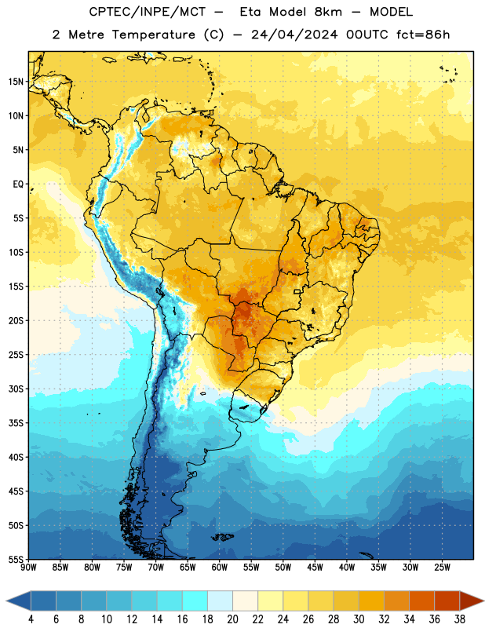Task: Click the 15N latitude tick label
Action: click(16, 82)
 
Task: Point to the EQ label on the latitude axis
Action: click(18, 184)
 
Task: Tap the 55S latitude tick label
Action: click(16, 560)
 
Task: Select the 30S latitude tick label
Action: click(16, 389)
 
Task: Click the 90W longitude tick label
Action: click(28, 568)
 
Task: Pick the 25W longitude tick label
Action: click(442, 568)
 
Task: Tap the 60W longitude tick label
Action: click(220, 568)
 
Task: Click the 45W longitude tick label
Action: click(315, 568)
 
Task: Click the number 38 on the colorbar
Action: click(460, 619)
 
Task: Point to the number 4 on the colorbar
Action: click(31, 619)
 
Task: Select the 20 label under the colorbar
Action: click(232, 619)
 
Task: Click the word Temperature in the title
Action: click(153, 35)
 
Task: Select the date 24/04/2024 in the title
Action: click(294, 35)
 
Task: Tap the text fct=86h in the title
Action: click(423, 35)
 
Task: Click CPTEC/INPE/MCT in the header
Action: click(148, 12)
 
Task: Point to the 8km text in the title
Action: click(328, 12)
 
